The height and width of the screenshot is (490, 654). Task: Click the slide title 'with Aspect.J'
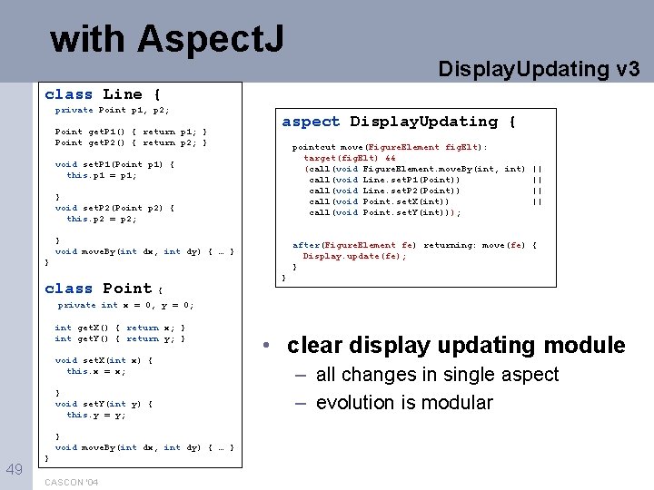(167, 38)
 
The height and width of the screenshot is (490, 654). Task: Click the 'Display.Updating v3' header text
(539, 69)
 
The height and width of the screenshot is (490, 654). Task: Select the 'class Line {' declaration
(103, 94)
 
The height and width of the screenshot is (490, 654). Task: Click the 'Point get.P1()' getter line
(131, 132)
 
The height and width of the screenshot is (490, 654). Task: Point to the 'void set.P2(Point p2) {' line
(114, 208)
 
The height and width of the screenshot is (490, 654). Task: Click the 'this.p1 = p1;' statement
(102, 175)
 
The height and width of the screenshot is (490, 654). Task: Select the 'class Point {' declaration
(103, 289)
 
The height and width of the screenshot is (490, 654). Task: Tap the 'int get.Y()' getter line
(120, 338)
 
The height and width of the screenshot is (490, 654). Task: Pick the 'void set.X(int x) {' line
(104, 360)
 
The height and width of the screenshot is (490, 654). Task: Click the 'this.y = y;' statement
(96, 415)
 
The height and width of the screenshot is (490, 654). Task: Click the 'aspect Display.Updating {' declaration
(399, 122)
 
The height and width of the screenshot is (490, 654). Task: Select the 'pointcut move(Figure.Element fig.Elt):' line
(390, 147)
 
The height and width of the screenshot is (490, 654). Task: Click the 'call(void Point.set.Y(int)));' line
(385, 212)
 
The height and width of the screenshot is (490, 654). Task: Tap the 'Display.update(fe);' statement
(354, 256)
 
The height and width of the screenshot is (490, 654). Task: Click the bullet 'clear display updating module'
(456, 346)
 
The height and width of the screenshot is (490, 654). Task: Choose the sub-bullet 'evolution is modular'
(404, 402)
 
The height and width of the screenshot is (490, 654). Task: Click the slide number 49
(15, 469)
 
